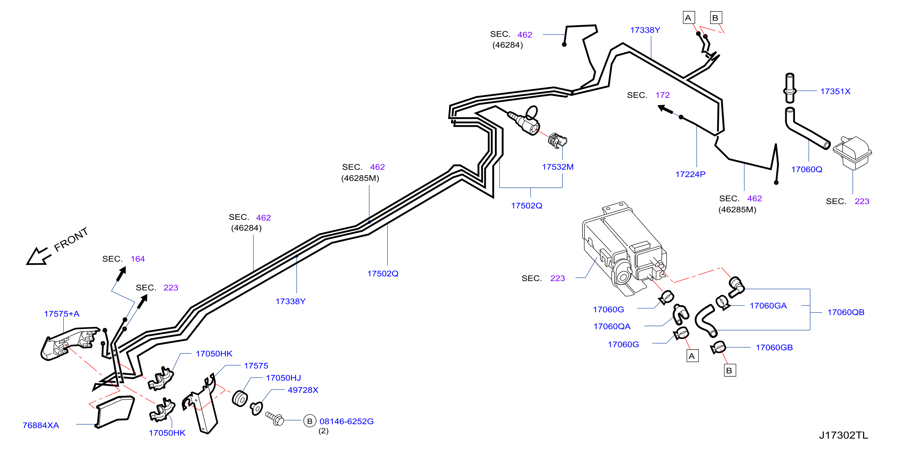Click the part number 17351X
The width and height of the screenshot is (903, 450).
pos(835,91)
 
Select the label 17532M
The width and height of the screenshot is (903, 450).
pos(558,167)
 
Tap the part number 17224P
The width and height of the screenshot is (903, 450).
pos(690,174)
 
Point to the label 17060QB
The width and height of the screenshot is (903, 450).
pos(846,312)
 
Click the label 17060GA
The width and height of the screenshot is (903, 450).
pos(768,306)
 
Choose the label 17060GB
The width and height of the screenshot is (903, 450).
pos(774,348)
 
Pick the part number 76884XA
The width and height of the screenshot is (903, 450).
pos(41,425)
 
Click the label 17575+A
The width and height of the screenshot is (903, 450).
pos(62,314)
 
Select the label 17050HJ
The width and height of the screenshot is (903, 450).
pos(283,378)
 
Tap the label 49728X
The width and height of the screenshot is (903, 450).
pos(303,390)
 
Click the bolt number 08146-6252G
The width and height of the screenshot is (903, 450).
pos(346,421)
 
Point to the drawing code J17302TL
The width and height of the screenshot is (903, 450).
pos(843,435)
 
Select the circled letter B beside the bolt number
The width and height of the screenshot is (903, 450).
pos(309,421)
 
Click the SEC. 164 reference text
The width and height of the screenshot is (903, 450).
pos(123,259)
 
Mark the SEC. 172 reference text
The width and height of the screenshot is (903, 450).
pos(648,95)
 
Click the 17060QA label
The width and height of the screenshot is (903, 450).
pos(612,326)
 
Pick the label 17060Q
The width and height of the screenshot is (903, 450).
pos(807,170)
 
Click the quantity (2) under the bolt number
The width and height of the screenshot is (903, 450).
pos(323,431)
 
